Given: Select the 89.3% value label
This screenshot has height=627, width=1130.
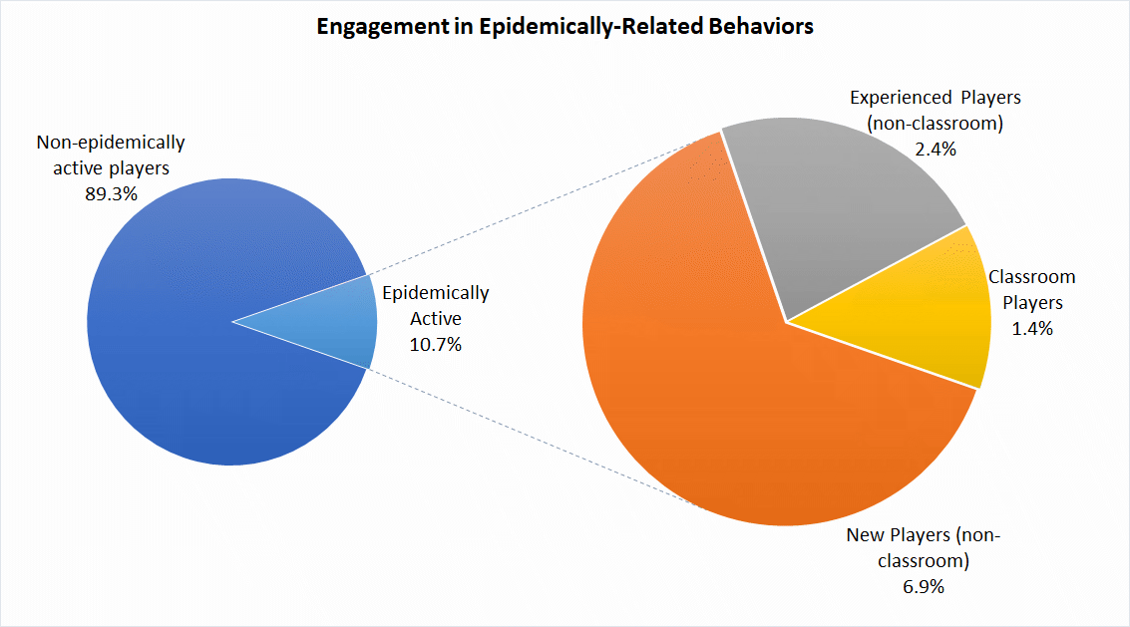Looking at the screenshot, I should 110,193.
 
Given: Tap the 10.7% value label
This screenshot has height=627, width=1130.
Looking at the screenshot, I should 436,344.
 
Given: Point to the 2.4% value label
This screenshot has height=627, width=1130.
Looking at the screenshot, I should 935,150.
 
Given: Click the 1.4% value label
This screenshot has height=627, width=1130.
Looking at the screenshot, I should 1031,328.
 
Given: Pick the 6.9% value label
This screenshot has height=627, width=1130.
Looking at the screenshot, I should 923,586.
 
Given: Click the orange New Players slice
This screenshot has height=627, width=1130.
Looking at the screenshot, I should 718,399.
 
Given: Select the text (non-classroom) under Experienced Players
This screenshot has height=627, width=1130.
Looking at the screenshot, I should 935,124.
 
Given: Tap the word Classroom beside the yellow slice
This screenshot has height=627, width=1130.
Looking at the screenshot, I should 1031,277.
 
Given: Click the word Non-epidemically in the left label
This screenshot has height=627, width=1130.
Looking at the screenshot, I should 110,143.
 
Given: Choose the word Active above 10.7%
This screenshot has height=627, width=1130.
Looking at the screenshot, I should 436,319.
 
